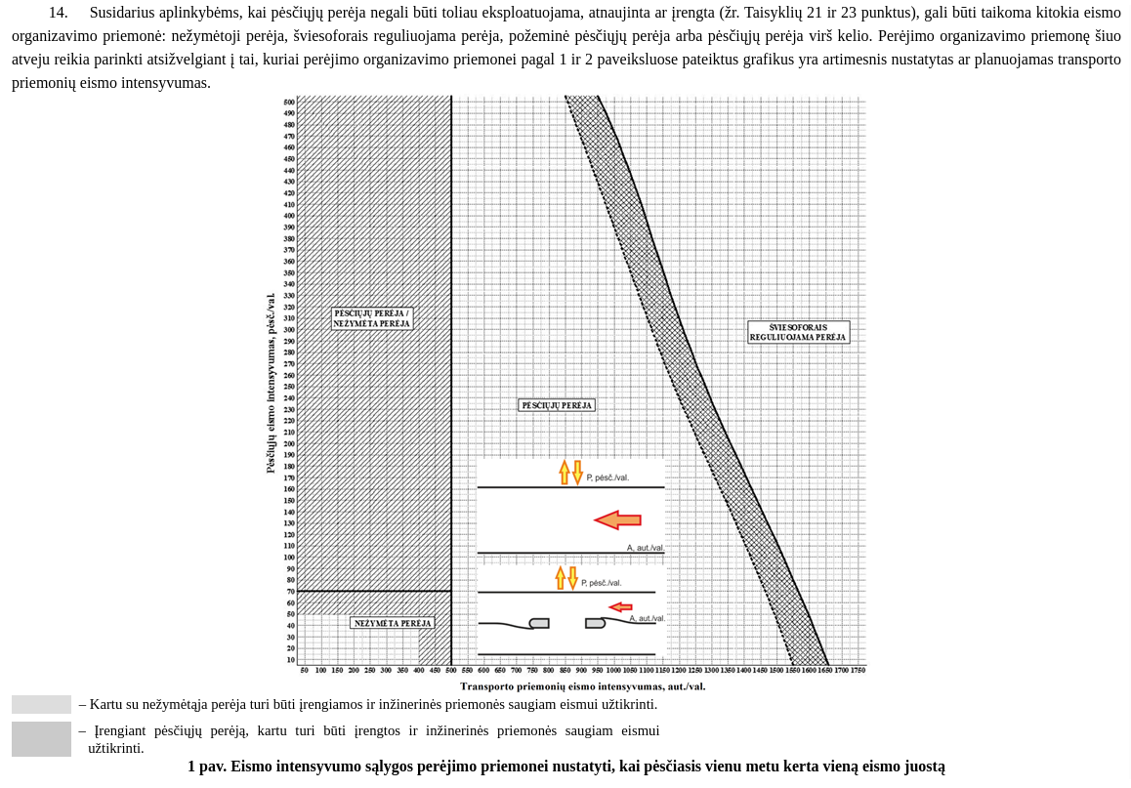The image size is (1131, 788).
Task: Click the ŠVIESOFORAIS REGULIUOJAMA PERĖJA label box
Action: [x=798, y=332]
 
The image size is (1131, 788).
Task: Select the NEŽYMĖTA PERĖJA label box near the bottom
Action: [x=392, y=623]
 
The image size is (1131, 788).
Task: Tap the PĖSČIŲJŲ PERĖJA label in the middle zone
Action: [x=556, y=405]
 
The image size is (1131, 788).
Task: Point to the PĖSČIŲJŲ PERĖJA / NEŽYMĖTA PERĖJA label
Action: [x=371, y=318]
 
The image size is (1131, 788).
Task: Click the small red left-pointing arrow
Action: [x=620, y=607]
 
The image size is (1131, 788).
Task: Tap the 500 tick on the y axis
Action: [x=289, y=103]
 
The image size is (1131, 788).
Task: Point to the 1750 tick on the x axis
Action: [x=857, y=670]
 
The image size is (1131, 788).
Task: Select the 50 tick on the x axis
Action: [x=305, y=670]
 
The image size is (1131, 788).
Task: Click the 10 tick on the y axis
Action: [x=290, y=660]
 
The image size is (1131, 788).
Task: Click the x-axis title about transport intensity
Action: [x=582, y=685]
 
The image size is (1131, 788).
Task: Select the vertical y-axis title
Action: [x=271, y=383]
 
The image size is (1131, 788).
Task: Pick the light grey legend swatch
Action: [x=41, y=704]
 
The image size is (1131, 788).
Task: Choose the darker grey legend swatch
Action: [x=41, y=739]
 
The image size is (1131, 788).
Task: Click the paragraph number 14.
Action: [x=58, y=13]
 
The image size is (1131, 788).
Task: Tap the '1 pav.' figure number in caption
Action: [x=206, y=767]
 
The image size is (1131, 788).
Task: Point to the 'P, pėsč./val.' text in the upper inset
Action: [x=607, y=477]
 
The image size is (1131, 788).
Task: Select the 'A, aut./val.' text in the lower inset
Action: [x=647, y=618]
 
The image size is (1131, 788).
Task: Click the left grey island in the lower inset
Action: [x=539, y=623]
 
